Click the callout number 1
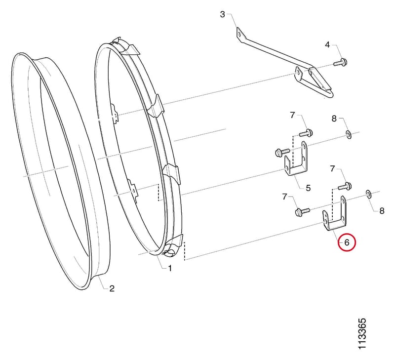click(x=170, y=268)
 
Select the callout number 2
click(x=112, y=288)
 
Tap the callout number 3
click(x=222, y=14)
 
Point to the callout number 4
click(x=327, y=45)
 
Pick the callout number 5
click(x=308, y=188)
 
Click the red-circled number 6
click(x=347, y=242)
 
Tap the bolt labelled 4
click(x=340, y=62)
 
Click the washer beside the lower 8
click(x=368, y=194)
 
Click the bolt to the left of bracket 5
click(x=282, y=152)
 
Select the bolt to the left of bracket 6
click(x=302, y=211)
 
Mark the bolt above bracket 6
click(x=344, y=186)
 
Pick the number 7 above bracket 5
click(x=292, y=116)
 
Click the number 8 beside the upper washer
click(x=334, y=119)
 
